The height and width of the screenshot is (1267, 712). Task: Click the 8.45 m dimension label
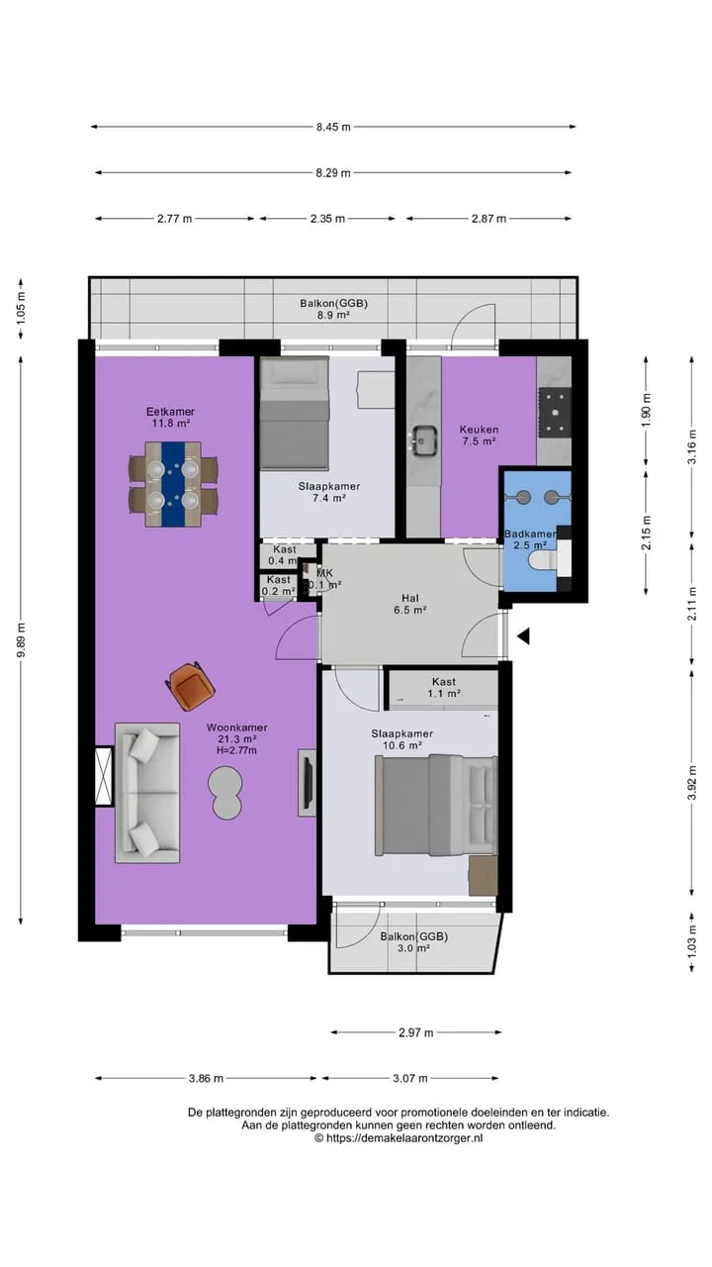point(333,128)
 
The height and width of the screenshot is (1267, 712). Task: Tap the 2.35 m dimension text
point(327,219)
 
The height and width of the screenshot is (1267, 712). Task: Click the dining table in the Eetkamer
point(173,484)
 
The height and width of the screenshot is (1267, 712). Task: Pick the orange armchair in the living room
point(190,686)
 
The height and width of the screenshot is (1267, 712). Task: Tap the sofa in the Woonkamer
point(147,793)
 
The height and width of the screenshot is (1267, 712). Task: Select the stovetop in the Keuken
point(555,413)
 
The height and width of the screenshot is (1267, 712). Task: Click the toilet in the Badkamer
point(543,561)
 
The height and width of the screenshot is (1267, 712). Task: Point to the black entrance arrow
point(523,636)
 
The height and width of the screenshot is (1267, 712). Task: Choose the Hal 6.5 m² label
point(410,604)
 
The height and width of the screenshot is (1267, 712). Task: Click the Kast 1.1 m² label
point(444,688)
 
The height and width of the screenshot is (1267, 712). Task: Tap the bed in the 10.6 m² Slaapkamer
point(436,805)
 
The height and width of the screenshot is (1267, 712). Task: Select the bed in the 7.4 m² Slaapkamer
point(294,413)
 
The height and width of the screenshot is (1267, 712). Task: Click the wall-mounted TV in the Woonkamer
point(308,782)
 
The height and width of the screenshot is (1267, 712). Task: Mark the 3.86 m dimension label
point(206,1079)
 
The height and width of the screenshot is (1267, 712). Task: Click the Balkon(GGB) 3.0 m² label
point(414,942)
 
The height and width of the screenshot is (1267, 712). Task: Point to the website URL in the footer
point(399,1138)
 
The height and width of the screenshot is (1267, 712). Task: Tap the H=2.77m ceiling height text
point(236,750)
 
